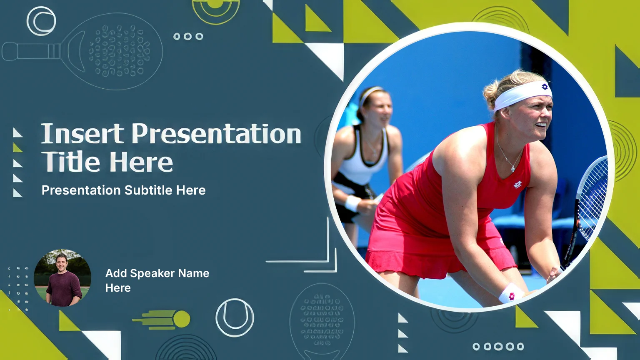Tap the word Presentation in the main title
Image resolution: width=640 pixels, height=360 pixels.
coord(216,133)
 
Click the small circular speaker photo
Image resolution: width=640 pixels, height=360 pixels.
coord(62,278)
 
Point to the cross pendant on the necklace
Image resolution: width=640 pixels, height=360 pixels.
coord(513,169)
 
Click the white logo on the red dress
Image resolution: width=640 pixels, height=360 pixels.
coord(518,185)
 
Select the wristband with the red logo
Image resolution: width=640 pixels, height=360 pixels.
coord(511,293)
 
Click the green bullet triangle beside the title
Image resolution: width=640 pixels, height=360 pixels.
coord(17,147)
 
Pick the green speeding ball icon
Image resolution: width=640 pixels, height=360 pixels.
coord(162,319)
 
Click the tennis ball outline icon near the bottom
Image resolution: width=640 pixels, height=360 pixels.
coord(235,318)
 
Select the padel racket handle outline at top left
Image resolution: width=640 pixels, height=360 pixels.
coord(31,51)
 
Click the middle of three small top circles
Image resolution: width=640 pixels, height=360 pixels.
coord(188,36)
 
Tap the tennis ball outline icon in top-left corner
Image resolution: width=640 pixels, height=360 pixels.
coord(41,21)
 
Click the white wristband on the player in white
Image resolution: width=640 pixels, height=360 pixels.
coord(353,203)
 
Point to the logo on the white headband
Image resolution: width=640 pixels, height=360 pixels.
coord(545,86)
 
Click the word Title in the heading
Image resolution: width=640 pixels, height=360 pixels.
coord(70,161)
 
